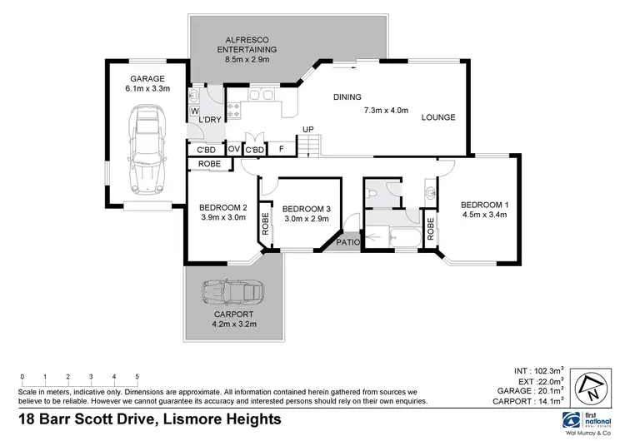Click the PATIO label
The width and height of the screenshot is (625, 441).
point(347,243)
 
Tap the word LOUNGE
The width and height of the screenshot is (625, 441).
point(438,117)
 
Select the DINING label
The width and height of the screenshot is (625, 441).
point(347,97)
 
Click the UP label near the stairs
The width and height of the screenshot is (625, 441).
point(307,129)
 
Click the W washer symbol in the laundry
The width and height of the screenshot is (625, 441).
point(194,110)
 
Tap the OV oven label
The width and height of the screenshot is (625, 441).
point(234,150)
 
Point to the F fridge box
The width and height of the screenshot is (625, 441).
point(282,150)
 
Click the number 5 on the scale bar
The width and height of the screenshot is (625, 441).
point(137,377)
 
